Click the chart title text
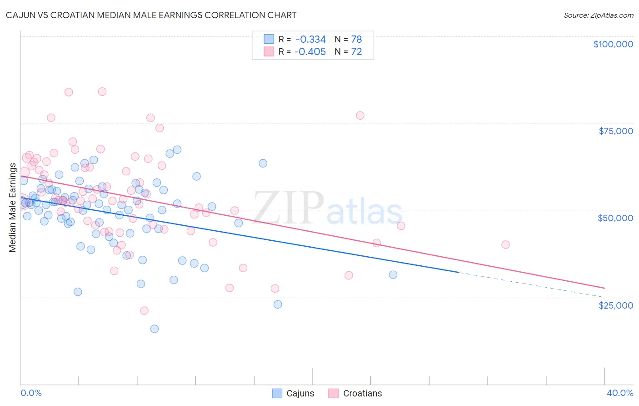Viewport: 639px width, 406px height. point(151,15)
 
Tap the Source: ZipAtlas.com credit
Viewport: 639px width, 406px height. point(598,15)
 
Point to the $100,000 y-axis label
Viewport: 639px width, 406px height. point(613,44)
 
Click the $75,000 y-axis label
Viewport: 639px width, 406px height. point(615,131)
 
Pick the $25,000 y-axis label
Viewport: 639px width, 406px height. point(615,305)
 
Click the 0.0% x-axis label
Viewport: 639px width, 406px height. point(31,393)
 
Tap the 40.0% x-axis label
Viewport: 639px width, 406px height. point(619,393)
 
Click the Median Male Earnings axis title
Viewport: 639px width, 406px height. point(12,208)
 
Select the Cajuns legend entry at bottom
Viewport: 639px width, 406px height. point(293,393)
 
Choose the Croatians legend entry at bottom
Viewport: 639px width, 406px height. point(355,393)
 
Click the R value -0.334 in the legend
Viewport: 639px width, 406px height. point(310,40)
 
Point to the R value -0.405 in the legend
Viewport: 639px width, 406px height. point(310,52)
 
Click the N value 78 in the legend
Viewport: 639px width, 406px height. point(356,40)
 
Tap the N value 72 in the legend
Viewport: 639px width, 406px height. point(356,52)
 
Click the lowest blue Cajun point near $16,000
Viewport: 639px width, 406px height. point(155,329)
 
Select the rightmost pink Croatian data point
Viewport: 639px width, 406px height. point(505,244)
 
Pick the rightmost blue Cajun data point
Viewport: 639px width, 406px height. point(393,274)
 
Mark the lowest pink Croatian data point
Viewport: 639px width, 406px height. point(144,310)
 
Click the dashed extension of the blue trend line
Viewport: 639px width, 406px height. point(532,284)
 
